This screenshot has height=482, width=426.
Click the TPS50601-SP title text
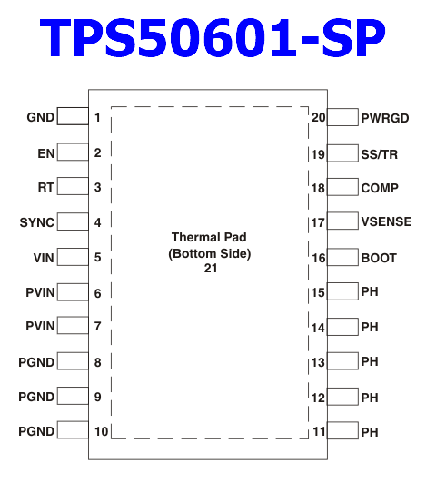click(x=213, y=38)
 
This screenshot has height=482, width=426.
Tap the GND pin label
click(x=41, y=117)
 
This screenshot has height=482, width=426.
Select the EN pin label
click(x=46, y=153)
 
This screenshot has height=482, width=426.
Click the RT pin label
click(x=45, y=187)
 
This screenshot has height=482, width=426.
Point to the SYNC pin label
click(x=37, y=222)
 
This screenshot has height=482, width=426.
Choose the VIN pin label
click(x=44, y=258)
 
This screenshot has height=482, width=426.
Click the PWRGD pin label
click(x=385, y=118)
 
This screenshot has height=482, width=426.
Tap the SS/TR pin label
click(x=380, y=154)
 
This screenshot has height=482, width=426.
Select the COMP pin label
click(x=380, y=188)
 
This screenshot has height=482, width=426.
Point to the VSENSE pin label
click(x=387, y=222)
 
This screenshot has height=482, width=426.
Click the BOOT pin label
click(x=379, y=258)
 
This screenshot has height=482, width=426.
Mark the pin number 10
click(x=101, y=431)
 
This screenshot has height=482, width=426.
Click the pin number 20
click(x=318, y=118)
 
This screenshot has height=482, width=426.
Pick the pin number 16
click(x=319, y=258)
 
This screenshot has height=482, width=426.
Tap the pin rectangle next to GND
click(x=73, y=116)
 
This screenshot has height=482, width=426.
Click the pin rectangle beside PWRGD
click(x=342, y=117)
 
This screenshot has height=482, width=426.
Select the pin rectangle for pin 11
click(x=342, y=430)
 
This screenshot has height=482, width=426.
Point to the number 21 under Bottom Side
click(x=211, y=269)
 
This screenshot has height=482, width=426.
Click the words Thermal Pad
click(x=209, y=237)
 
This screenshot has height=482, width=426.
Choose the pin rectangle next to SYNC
click(x=73, y=221)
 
